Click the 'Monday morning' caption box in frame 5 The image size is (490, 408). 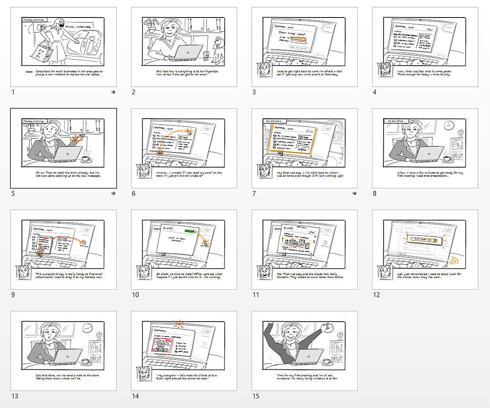34,121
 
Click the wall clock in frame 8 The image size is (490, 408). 449,125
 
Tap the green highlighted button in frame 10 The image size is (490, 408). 190,231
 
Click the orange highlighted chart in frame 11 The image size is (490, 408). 295,244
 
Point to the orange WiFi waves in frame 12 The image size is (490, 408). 453,261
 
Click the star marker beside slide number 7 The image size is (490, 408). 354,194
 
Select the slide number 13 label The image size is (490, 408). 15,396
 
